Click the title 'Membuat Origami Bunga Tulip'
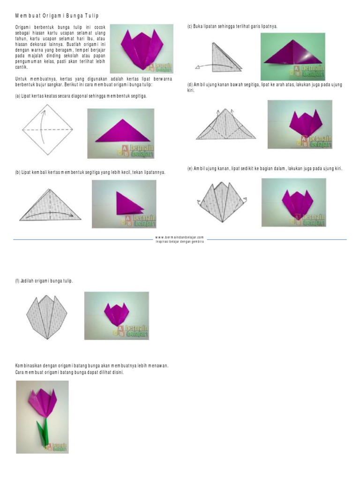coord(57,15)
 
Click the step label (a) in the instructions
coord(18,96)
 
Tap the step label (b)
coord(18,172)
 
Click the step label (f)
coord(18,281)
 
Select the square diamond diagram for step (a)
coord(47,128)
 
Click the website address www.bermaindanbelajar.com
coord(180,238)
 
